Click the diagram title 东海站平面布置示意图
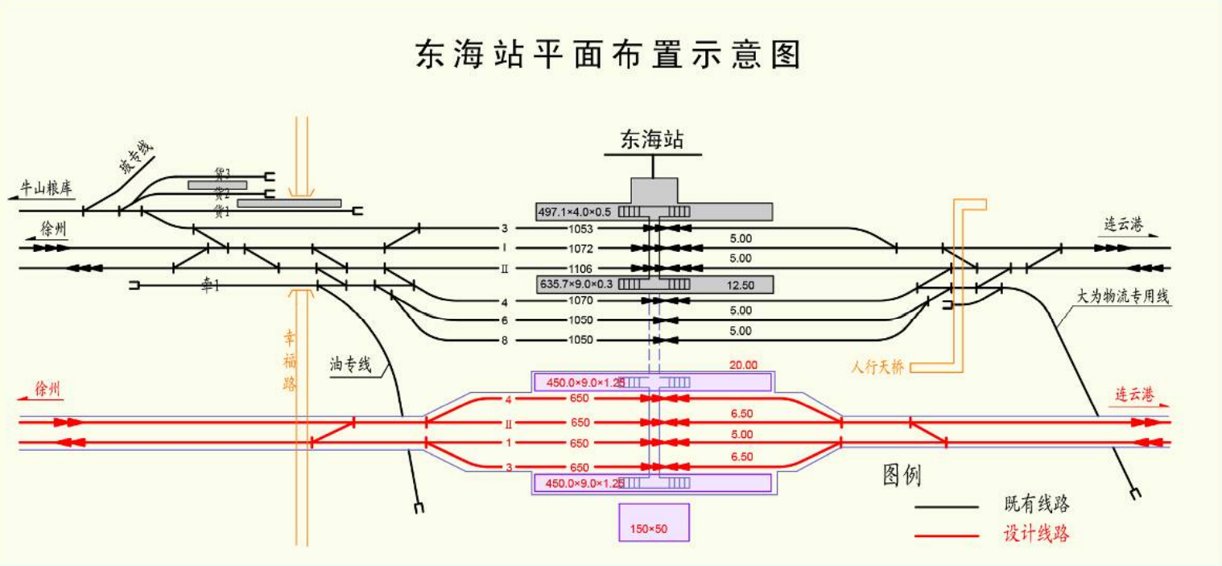[609, 56]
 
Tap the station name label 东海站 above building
[652, 140]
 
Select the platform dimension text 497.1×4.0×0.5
[575, 212]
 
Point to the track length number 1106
[580, 268]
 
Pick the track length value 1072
[580, 248]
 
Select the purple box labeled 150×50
[654, 522]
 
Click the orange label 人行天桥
[877, 367]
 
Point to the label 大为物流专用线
[1123, 296]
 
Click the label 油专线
[350, 365]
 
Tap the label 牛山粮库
[47, 189]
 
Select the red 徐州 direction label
[47, 390]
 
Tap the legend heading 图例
[902, 476]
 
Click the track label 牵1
[210, 285]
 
